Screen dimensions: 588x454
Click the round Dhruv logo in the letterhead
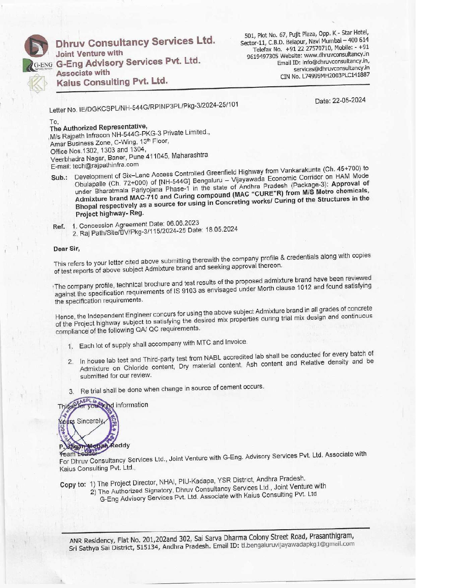(x=36, y=46)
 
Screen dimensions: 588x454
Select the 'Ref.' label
(x=59, y=227)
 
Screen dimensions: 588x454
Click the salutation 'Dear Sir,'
(x=67, y=249)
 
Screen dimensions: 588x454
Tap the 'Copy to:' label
(x=73, y=485)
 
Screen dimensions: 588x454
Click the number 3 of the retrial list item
(x=71, y=392)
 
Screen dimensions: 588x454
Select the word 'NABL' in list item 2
(x=212, y=358)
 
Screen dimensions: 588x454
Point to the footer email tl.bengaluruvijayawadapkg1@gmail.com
(x=298, y=545)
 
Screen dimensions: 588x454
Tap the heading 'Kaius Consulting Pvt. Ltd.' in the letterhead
(x=112, y=82)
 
